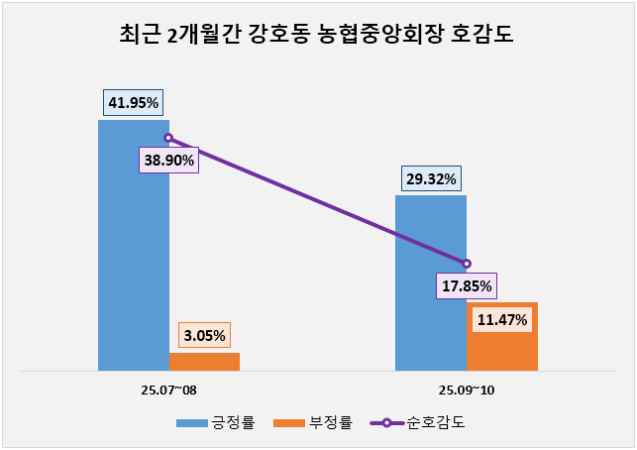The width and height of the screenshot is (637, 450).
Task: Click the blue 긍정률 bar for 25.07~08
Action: click(133, 258)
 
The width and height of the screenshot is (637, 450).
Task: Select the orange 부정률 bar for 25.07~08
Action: click(204, 362)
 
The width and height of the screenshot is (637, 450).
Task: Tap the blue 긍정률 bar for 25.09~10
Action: click(430, 287)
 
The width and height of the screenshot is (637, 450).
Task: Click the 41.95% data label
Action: click(133, 102)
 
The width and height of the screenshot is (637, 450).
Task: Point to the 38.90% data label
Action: click(168, 160)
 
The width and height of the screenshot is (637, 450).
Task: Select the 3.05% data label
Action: click(204, 335)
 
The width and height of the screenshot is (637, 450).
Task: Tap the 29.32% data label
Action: click(430, 179)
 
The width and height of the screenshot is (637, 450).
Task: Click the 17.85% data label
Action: click(466, 286)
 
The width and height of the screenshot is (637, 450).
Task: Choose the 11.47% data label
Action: click(502, 320)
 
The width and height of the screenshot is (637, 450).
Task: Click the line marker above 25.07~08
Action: click(168, 139)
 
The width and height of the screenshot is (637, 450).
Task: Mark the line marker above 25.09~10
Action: click(467, 264)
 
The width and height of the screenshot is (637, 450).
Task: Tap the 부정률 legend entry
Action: click(319, 423)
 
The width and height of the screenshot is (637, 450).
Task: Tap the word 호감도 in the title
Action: click(485, 37)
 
